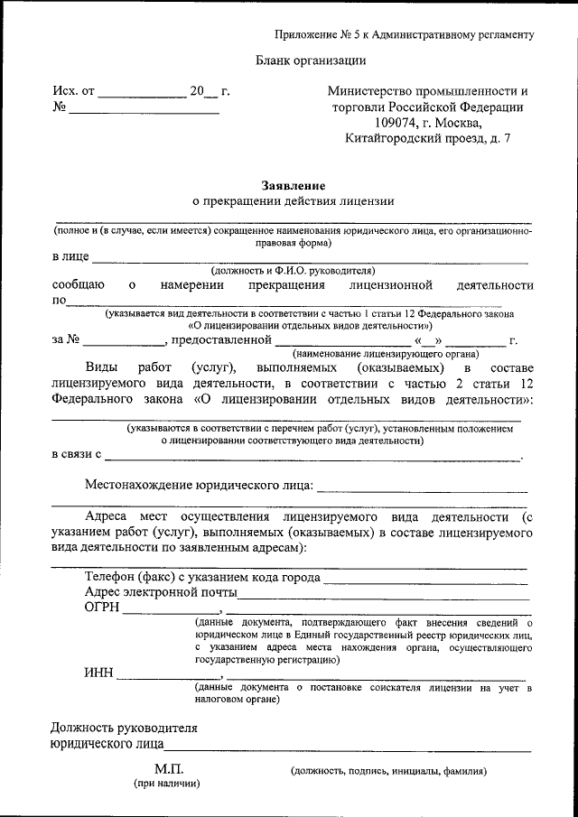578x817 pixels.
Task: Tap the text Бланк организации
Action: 311,60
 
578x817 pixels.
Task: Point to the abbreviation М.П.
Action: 168,769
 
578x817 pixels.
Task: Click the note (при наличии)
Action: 168,785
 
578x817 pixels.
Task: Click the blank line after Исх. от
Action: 140,95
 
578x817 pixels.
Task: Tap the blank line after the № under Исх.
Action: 144,112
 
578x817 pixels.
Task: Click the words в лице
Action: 70,257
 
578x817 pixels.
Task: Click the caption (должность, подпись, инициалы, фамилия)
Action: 388,771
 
